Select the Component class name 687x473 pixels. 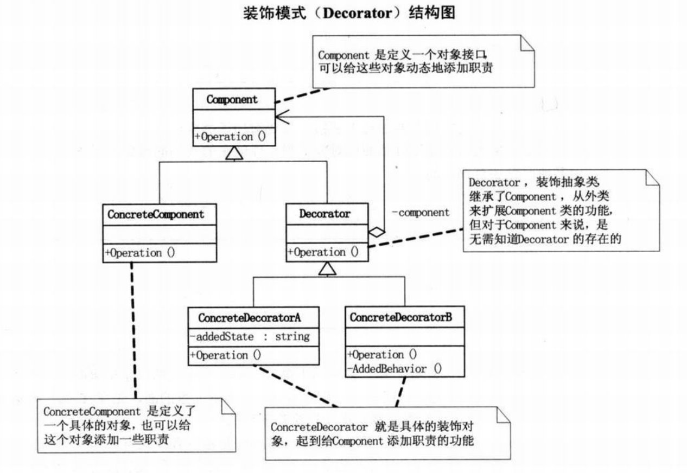point(233,99)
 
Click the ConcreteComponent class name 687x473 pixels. point(156,214)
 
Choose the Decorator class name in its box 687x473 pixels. point(325,214)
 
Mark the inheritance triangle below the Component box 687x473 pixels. point(233,155)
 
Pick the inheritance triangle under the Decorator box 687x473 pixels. point(327,269)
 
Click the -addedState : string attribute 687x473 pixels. point(250,337)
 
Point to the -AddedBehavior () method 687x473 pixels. point(395,369)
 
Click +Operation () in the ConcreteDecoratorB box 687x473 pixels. point(383,355)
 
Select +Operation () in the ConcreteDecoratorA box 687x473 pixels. point(226,356)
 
